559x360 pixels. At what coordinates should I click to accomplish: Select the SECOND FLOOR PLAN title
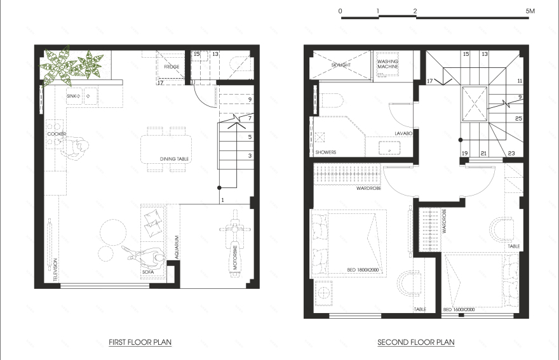pyautogui.click(x=416, y=342)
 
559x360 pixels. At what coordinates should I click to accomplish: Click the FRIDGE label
pyautogui.click(x=172, y=67)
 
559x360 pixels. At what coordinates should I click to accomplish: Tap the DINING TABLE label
pyautogui.click(x=175, y=159)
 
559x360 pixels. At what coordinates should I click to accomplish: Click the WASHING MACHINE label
pyautogui.click(x=387, y=64)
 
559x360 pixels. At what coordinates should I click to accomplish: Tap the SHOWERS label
pyautogui.click(x=326, y=152)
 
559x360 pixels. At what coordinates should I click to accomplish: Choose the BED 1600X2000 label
pyautogui.click(x=459, y=309)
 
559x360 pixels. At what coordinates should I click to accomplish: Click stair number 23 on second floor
pyautogui.click(x=511, y=153)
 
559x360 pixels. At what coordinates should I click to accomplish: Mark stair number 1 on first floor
pyautogui.click(x=222, y=200)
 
